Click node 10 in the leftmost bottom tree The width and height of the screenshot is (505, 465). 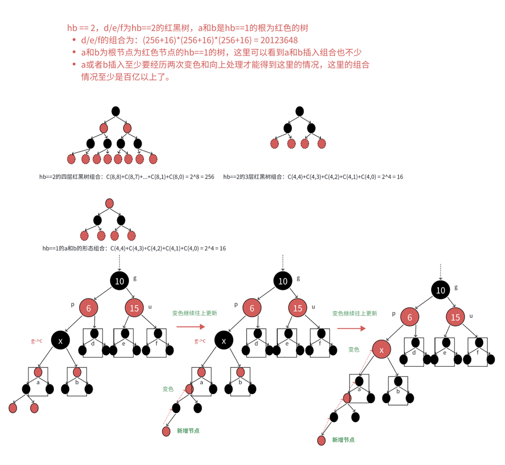pyautogui.click(x=119, y=281)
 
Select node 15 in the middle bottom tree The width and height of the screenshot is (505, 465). pyautogui.click(x=298, y=308)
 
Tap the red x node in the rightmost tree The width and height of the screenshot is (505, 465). pyautogui.click(x=382, y=349)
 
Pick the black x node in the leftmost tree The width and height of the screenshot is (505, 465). pyautogui.click(x=61, y=341)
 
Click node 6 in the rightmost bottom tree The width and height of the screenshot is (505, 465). pyautogui.click(x=409, y=318)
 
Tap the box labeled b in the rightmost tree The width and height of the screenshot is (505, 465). pyautogui.click(x=398, y=390)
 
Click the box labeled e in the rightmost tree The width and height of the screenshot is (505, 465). pyautogui.click(x=444, y=351)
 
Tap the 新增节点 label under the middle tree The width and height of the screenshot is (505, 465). pyautogui.click(x=188, y=431)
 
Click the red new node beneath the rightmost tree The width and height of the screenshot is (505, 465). pyautogui.click(x=321, y=440)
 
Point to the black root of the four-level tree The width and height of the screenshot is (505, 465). pyautogui.click(x=115, y=111)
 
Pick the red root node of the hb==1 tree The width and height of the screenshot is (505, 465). pyautogui.click(x=109, y=203)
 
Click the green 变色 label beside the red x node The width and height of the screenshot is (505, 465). pyautogui.click(x=353, y=349)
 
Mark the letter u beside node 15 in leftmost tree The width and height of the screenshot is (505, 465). pyautogui.click(x=150, y=307)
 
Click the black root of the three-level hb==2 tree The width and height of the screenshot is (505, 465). pyautogui.click(x=299, y=111)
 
